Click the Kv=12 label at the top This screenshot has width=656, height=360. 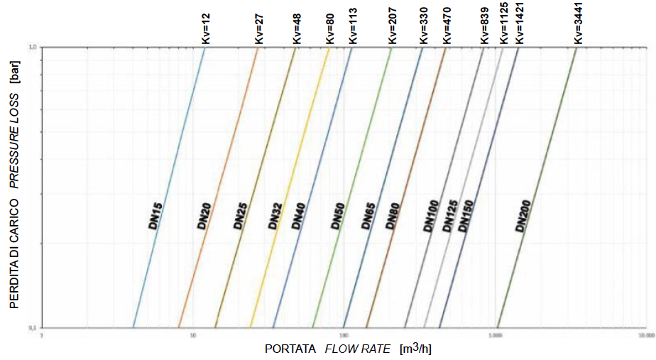coord(205,26)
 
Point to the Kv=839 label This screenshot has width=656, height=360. coord(484,26)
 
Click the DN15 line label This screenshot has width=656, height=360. coord(156,214)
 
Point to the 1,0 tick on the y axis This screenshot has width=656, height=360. coord(32,48)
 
